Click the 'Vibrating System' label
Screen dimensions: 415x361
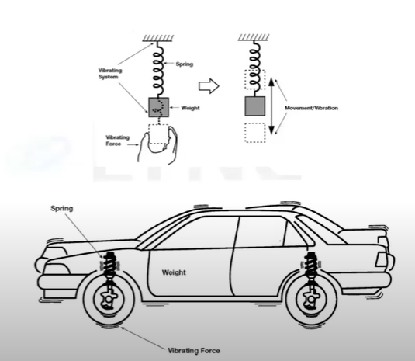pos(110,74)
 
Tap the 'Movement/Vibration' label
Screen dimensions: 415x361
pos(311,108)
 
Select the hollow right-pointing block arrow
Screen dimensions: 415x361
pos(209,86)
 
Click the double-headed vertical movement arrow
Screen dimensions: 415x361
pos(271,106)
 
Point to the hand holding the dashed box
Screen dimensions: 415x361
pos(158,144)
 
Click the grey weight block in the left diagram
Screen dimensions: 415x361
pos(158,107)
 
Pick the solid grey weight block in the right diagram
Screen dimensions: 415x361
pos(255,106)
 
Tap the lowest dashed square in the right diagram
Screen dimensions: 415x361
pos(255,133)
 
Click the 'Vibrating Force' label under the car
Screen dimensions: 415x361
pos(194,351)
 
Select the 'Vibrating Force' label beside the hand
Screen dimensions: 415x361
pos(117,141)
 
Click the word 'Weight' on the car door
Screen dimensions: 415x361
pos(174,272)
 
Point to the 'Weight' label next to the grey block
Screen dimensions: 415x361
pos(190,108)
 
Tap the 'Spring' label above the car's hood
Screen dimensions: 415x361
pos(61,208)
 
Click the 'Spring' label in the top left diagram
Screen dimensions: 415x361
pos(185,64)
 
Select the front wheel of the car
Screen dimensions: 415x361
pos(109,299)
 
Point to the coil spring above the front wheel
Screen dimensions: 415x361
pos(109,265)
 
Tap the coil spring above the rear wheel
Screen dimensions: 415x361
pos(311,265)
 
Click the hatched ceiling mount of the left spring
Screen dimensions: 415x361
pos(158,38)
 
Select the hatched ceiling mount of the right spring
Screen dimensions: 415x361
pos(254,37)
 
